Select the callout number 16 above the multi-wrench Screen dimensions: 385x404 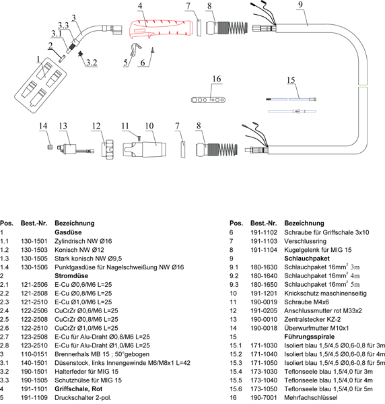click(217, 79)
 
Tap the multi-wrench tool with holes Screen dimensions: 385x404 click(208, 100)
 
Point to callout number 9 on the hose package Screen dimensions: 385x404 click(300, 5)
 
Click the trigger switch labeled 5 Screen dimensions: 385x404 click(135, 49)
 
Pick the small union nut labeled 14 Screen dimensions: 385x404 click(50, 147)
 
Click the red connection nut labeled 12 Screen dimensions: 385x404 click(108, 149)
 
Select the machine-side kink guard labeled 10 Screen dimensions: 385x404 click(144, 149)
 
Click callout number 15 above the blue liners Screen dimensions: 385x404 click(291, 80)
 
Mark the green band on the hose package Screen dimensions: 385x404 click(363, 86)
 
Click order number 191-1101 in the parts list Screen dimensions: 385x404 click(34, 389)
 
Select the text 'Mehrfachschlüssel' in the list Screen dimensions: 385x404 click(311, 397)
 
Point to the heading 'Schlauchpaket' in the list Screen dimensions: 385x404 click(307, 259)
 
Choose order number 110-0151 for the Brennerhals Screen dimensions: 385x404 click(34, 354)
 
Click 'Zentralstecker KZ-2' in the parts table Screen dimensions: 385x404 click(312, 319)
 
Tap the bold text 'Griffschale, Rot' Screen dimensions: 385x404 click(78, 389)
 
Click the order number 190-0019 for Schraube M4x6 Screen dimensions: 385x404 click(264, 302)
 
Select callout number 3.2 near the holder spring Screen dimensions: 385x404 click(92, 63)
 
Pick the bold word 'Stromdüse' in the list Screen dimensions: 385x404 click(71, 275)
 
